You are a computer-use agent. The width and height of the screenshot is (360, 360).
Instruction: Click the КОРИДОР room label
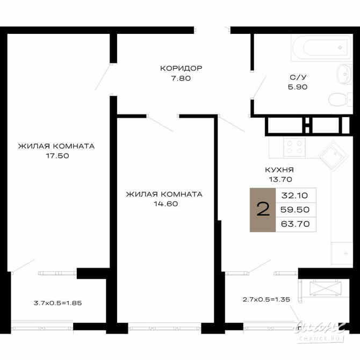coord(181,68)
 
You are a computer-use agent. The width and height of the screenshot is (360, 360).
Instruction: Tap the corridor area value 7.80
coord(181,78)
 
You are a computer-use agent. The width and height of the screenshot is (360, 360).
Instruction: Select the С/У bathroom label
coord(298,77)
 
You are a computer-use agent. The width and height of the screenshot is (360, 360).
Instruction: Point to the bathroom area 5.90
coord(298,87)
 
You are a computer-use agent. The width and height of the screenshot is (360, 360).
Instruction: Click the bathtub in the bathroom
coord(321,48)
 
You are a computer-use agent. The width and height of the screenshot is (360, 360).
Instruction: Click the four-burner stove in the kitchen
coord(294,147)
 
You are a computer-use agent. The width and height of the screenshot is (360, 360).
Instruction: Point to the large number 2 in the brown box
coord(263,210)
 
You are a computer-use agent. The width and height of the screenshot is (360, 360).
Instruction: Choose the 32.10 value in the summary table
coord(296,196)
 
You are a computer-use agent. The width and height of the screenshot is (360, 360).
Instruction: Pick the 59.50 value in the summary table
coord(296,210)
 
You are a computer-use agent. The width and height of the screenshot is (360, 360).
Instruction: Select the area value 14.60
coord(164,204)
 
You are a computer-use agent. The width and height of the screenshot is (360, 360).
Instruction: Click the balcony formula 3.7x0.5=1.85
coord(57,303)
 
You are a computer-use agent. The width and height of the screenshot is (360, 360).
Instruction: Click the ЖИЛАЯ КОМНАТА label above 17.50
coord(56,146)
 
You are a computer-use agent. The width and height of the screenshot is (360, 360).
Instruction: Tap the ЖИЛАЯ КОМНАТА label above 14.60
coord(164,195)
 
